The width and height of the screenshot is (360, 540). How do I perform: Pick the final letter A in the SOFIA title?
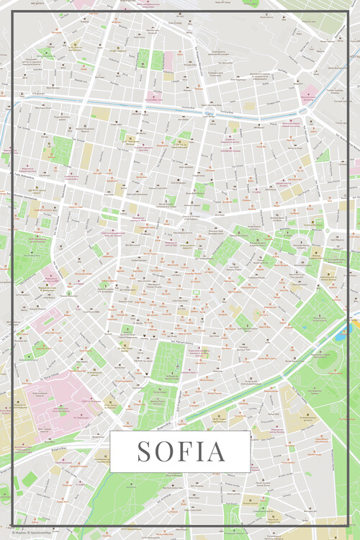(x=215, y=451)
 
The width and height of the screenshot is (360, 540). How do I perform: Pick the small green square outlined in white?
(x=195, y=294)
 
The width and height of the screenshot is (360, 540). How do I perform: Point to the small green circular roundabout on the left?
(x=69, y=293)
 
